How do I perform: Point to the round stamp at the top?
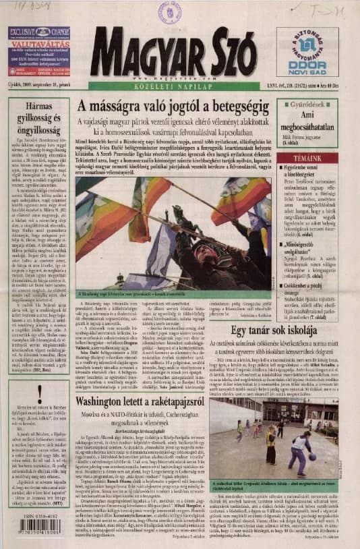(x=169, y=12)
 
